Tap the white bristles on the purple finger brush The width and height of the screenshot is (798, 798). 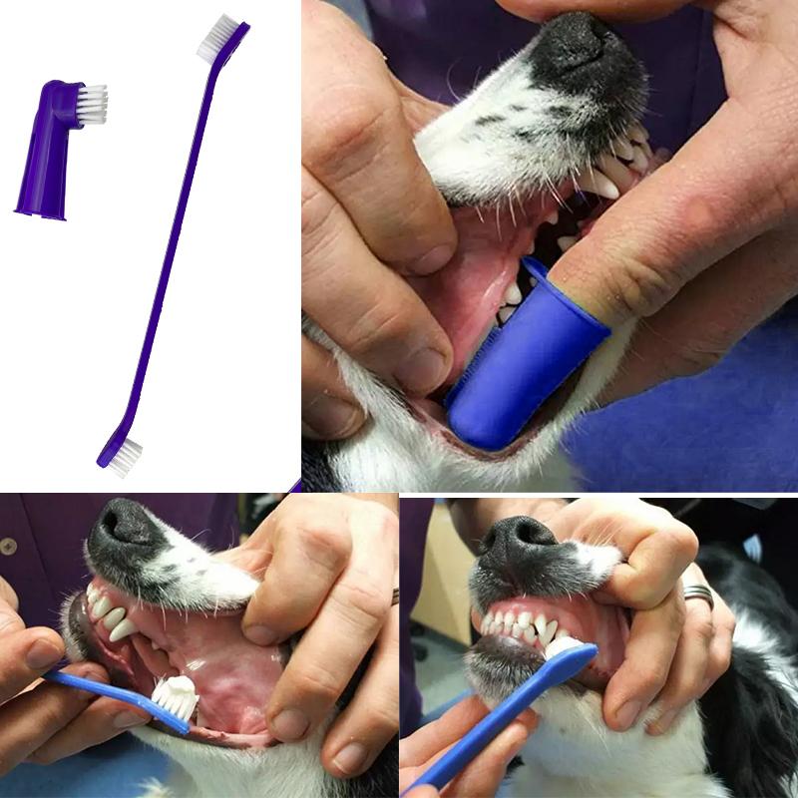pos(92,101)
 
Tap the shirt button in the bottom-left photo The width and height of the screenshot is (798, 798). pos(8,548)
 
